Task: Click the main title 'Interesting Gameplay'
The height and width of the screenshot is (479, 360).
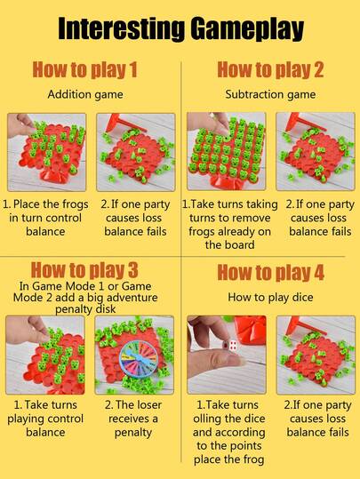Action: (x=180, y=28)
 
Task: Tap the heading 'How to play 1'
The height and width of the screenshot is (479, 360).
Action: (x=85, y=69)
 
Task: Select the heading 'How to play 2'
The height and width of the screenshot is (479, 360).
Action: (x=270, y=69)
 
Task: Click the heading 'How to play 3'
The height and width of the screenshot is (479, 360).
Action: (x=84, y=270)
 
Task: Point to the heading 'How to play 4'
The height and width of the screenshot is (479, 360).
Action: (x=270, y=272)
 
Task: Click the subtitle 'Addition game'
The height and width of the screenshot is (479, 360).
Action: (x=85, y=94)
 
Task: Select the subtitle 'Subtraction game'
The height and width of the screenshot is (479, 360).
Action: (x=270, y=94)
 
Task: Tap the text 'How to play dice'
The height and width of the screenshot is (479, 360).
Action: (x=270, y=297)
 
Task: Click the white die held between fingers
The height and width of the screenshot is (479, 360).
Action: (x=233, y=345)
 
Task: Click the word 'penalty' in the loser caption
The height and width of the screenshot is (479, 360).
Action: (x=133, y=433)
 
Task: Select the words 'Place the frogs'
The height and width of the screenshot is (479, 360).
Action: (x=51, y=204)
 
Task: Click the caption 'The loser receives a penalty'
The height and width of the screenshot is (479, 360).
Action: (x=133, y=419)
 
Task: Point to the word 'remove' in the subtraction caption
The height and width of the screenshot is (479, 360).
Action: (x=251, y=218)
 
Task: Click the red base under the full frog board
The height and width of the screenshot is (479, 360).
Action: (x=227, y=183)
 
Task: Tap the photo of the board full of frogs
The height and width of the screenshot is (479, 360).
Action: (x=227, y=151)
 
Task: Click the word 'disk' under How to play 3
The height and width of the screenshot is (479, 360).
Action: (x=106, y=309)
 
